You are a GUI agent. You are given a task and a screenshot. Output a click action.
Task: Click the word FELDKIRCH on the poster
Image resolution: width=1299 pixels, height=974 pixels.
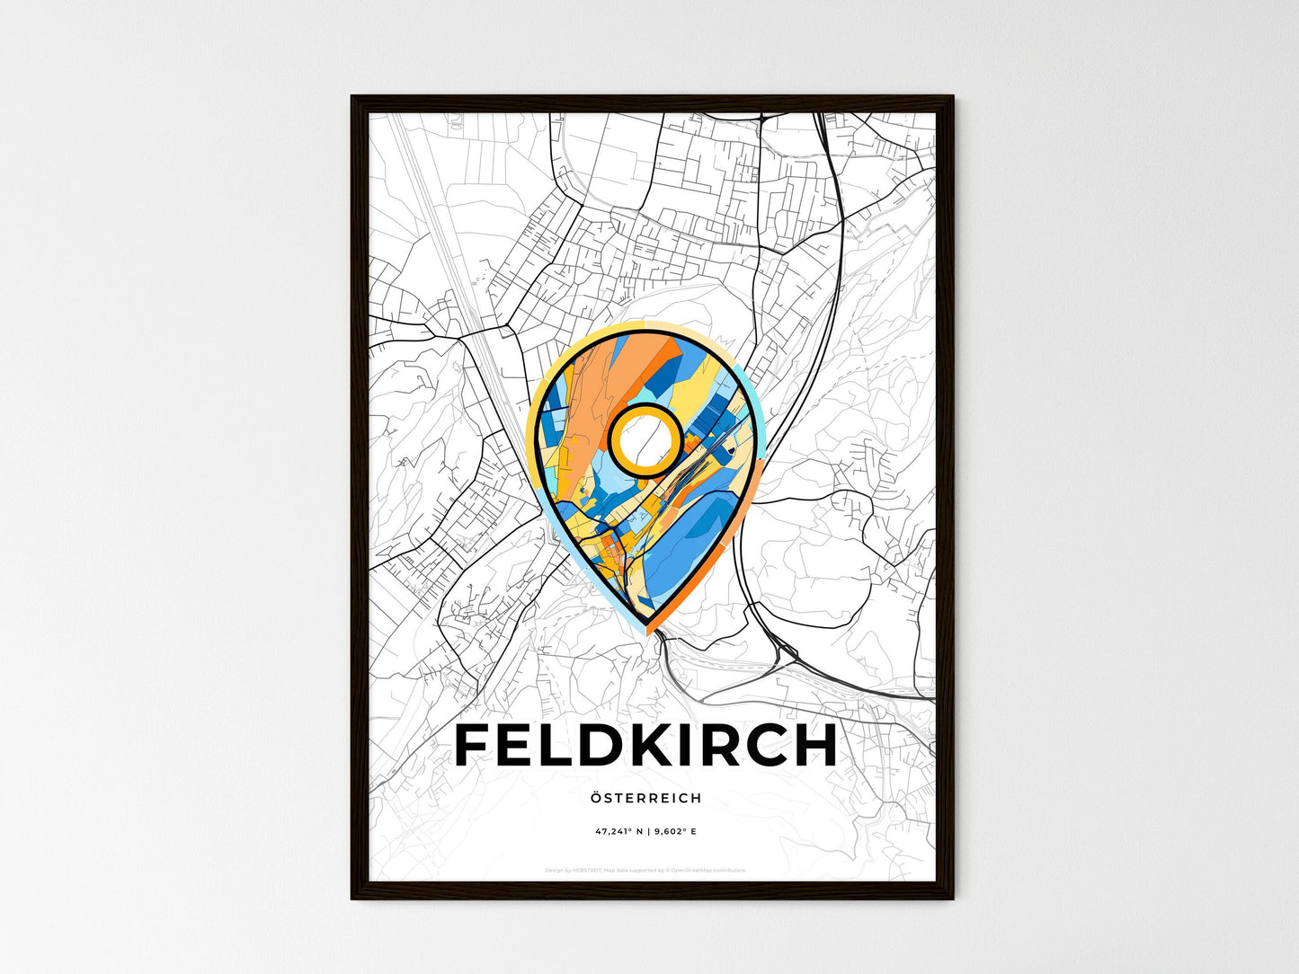click(x=645, y=745)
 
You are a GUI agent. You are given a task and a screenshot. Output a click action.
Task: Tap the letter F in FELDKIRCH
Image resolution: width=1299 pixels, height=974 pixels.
click(x=474, y=745)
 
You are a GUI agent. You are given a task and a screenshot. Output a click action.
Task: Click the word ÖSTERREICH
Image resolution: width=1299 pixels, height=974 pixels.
click(x=646, y=798)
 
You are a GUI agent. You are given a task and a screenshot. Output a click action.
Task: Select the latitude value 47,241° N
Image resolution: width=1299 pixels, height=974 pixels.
click(x=621, y=832)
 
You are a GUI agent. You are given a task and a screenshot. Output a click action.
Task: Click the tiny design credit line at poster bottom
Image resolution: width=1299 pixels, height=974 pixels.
click(x=645, y=870)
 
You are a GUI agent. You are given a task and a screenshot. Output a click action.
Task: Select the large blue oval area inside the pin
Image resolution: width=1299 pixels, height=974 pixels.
click(x=697, y=539)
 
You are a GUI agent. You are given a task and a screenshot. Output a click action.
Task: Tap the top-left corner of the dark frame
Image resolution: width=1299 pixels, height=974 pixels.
click(x=353, y=98)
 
